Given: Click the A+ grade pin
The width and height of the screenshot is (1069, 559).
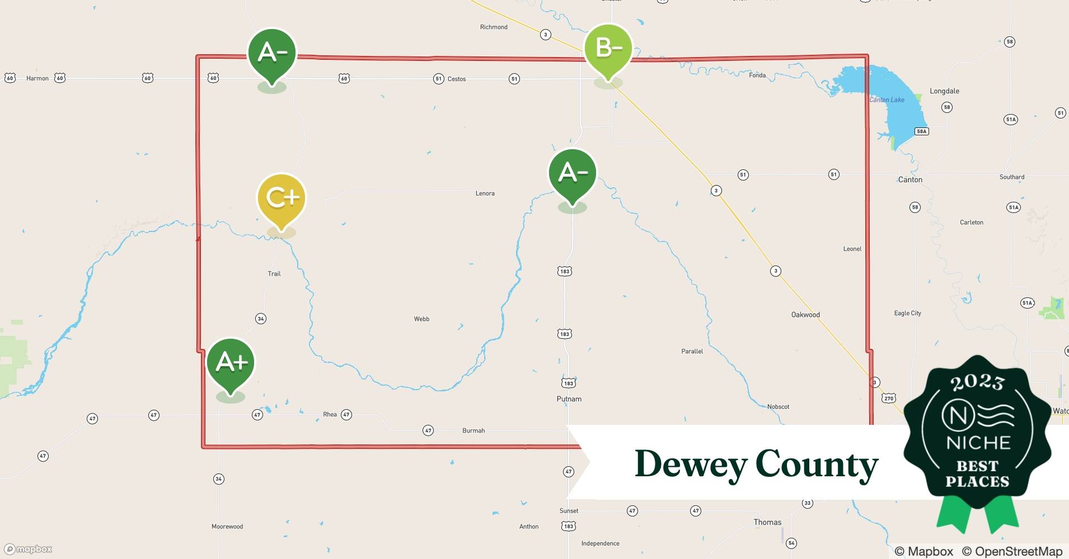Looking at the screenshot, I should click(231, 363).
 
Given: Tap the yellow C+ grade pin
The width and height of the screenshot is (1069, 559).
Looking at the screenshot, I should click(281, 198).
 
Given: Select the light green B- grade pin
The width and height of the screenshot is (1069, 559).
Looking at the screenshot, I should click(608, 49).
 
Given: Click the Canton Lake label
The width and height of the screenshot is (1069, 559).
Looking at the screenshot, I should click(887, 100).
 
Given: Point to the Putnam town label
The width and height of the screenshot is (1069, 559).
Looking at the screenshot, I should click(569, 399).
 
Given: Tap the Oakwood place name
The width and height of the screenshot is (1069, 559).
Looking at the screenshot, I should click(805, 315).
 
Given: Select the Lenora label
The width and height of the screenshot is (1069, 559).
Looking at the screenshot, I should click(485, 193).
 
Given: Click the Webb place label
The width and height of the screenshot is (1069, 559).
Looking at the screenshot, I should click(421, 319).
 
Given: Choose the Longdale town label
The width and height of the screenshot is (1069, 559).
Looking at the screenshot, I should click(944, 91).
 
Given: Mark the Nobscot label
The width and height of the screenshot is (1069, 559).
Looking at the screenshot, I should click(778, 406).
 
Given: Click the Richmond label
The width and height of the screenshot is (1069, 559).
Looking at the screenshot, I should click(494, 27).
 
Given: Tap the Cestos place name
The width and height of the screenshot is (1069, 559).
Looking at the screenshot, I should click(457, 79).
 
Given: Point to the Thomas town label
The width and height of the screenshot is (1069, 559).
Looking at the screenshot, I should click(767, 522).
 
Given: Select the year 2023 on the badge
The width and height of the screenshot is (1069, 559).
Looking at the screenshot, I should click(977, 382).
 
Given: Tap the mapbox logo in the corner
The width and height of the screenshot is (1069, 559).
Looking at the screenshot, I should click(29, 549).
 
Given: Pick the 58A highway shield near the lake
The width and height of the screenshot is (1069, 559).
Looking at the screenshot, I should click(921, 131).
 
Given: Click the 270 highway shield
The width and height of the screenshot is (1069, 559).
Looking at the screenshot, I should click(889, 399).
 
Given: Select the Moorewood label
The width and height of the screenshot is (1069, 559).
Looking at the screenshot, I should click(227, 527).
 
